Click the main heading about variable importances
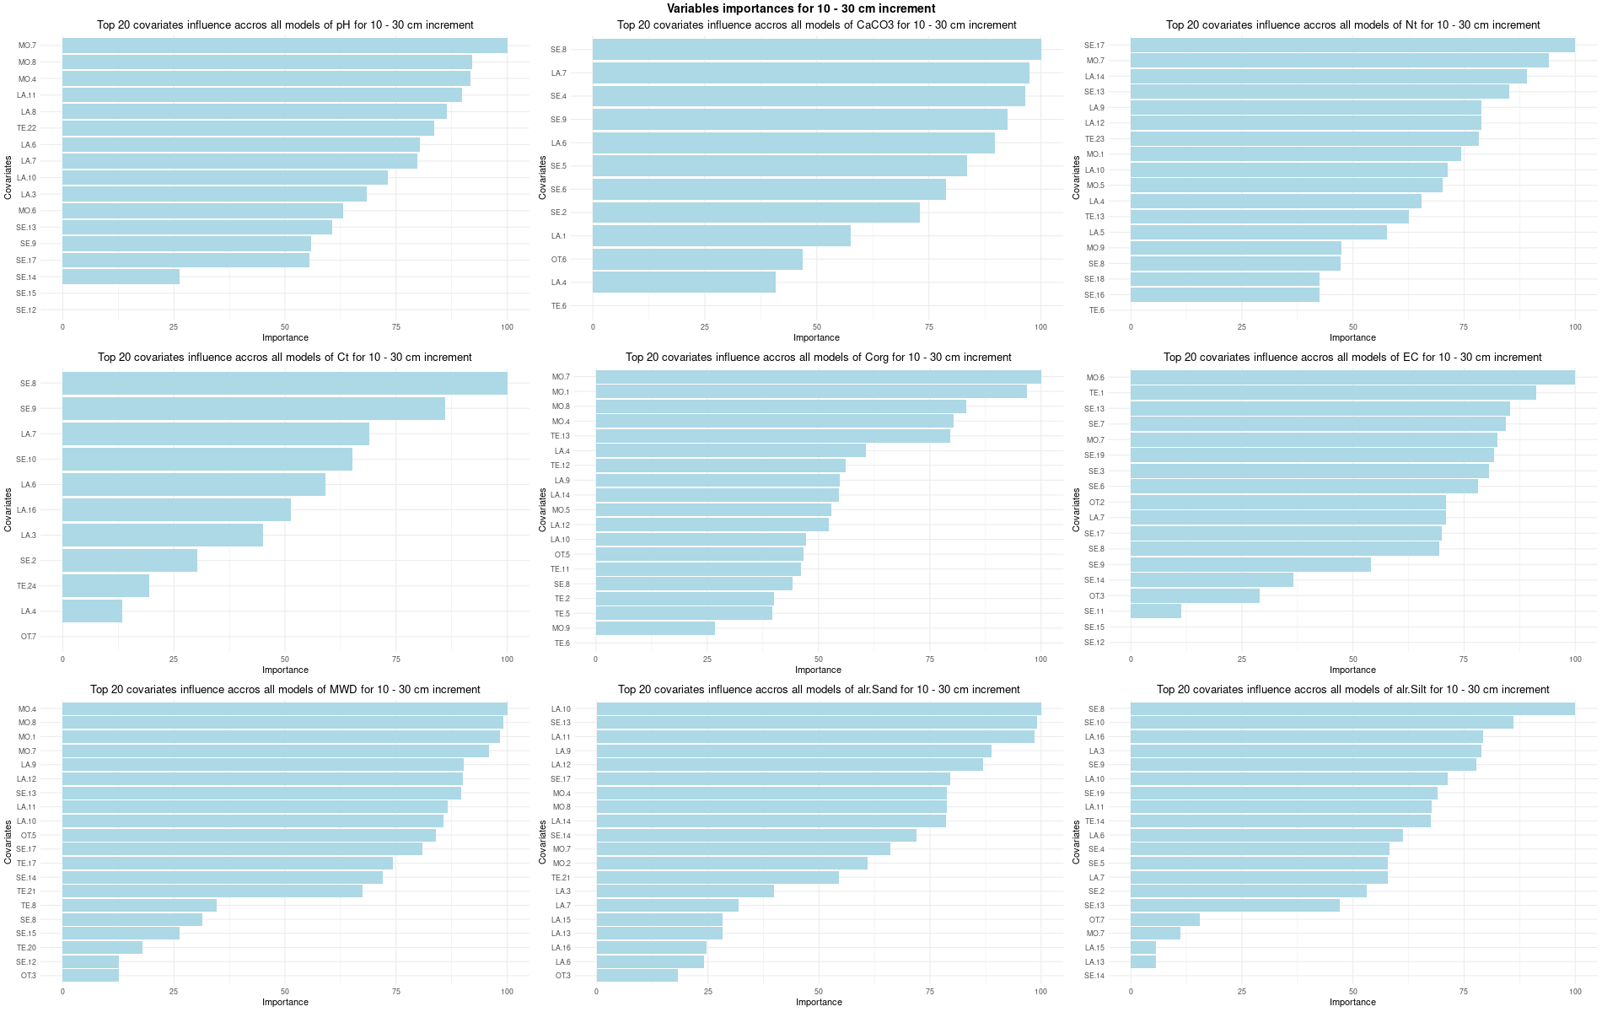(x=801, y=8)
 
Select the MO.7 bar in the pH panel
(x=284, y=46)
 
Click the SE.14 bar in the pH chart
(x=121, y=277)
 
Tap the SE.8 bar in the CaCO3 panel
(x=816, y=50)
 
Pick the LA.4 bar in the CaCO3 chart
(x=684, y=282)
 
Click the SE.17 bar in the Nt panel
(x=1352, y=46)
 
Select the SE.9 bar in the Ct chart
(x=253, y=409)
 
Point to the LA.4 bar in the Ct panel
(x=92, y=611)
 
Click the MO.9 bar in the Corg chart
(x=655, y=628)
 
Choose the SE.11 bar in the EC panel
(x=1155, y=611)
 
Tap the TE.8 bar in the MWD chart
(x=139, y=906)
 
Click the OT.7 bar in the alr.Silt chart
(x=1164, y=920)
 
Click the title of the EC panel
(x=1352, y=358)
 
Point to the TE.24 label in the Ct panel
(x=26, y=586)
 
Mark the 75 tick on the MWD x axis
(x=395, y=992)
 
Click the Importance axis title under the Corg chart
(x=818, y=670)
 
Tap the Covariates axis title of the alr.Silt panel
(x=1076, y=842)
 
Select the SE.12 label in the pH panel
(x=26, y=310)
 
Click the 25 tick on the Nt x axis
(x=1241, y=326)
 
